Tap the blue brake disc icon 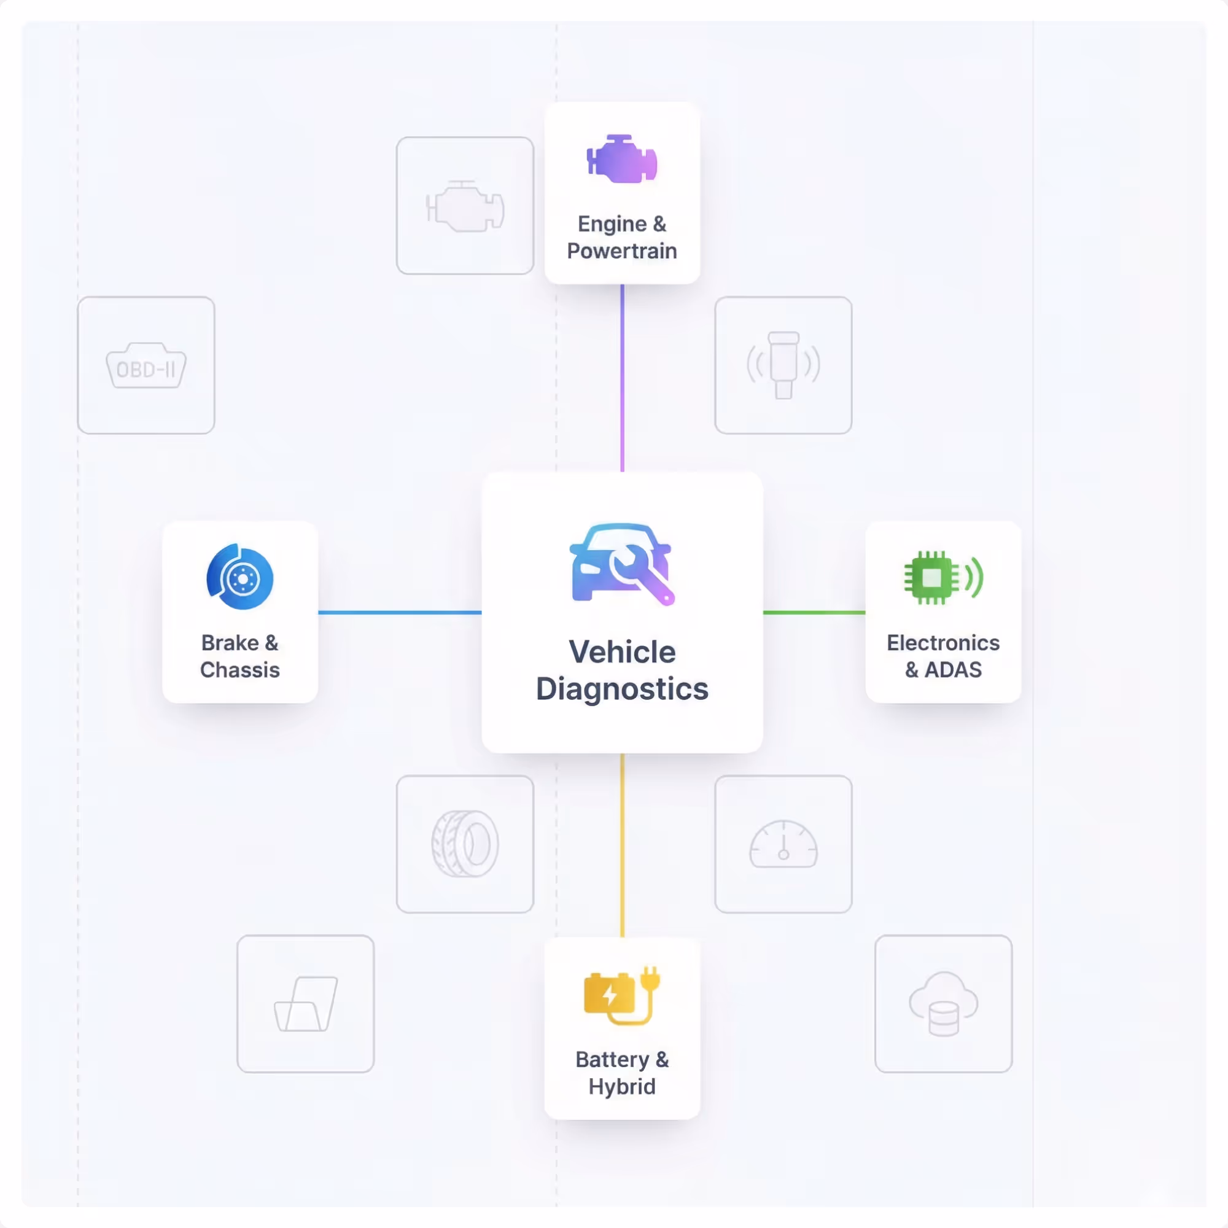coord(240,577)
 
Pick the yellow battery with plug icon coord(621,995)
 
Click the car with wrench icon coord(621,563)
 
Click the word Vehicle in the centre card coord(621,652)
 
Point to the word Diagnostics coord(621,689)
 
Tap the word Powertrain coord(621,251)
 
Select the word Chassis coord(239,670)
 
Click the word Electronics coord(942,643)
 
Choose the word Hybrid coord(621,1087)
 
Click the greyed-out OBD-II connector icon coord(146,366)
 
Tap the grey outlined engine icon coord(465,206)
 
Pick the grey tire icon coord(465,844)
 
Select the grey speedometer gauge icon coord(783,844)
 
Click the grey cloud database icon coord(943,1005)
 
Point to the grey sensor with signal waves coord(783,365)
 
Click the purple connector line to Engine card coord(622,378)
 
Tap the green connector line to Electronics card coord(814,613)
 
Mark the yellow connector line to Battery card coord(622,845)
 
